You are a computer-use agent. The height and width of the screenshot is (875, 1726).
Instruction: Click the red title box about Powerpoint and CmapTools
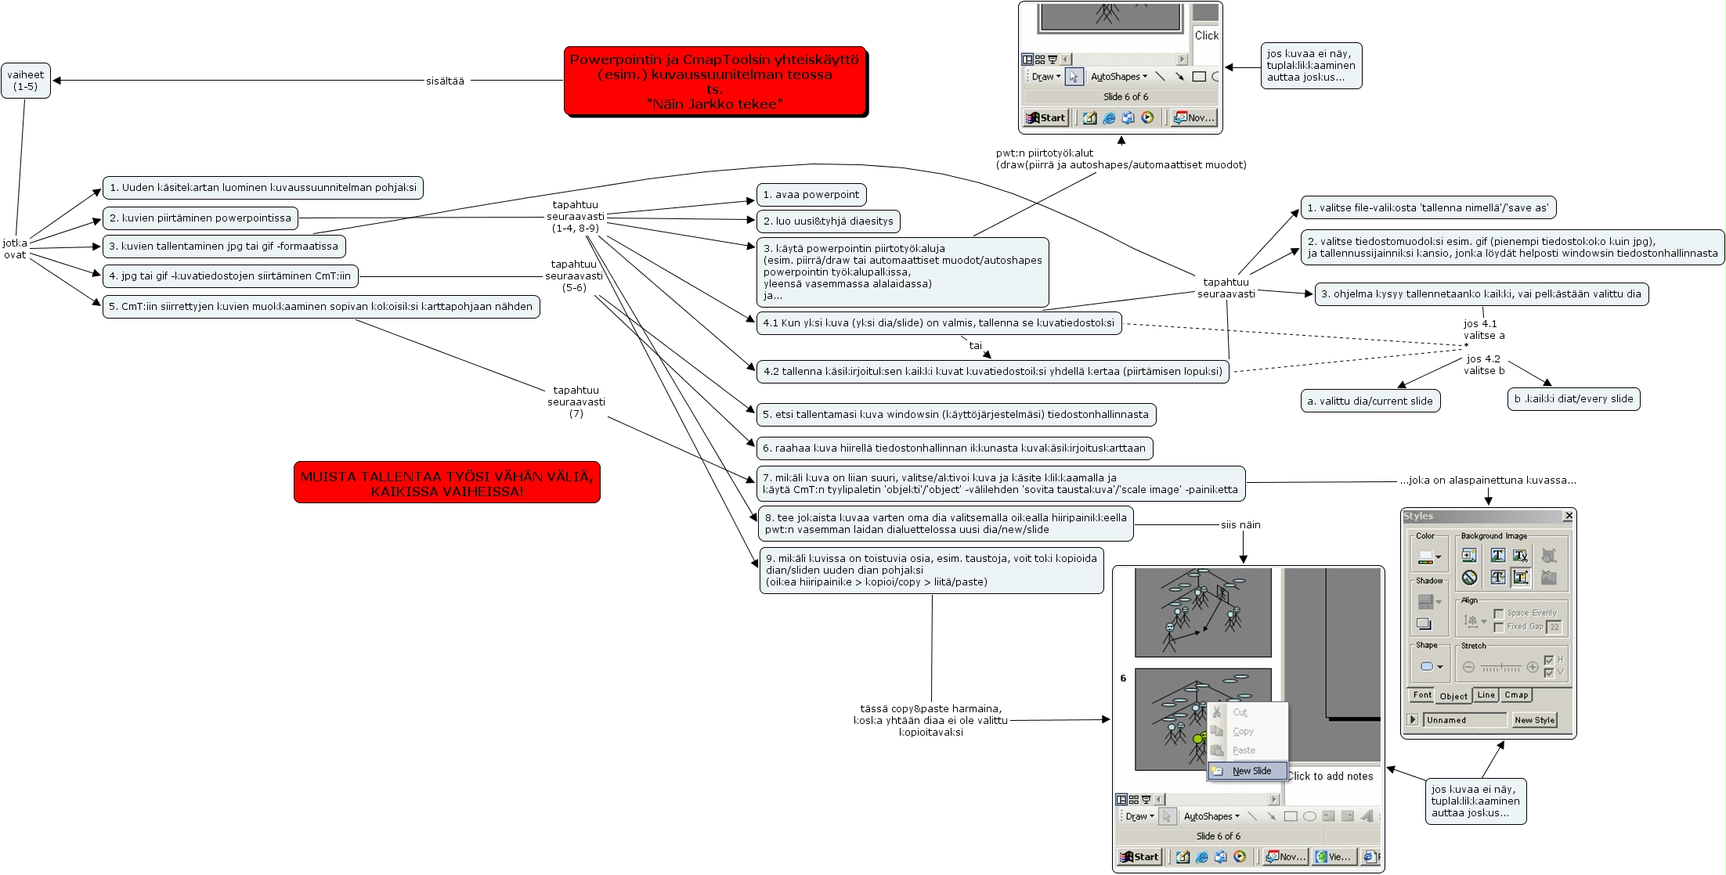coord(714,81)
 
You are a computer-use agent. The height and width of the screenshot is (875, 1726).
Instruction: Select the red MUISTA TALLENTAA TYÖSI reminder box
coord(446,482)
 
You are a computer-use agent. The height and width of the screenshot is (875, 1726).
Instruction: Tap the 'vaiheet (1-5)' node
coord(26,81)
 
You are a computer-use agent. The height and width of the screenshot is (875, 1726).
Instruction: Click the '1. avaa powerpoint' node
coord(811,195)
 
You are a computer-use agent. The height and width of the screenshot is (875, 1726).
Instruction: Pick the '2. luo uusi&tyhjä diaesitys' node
coord(828,221)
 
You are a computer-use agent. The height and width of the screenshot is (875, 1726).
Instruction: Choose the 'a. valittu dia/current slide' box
coord(1370,401)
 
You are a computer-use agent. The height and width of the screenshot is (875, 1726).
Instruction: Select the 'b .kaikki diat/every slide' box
coord(1573,399)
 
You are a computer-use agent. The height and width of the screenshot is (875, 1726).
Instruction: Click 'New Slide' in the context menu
coord(1251,771)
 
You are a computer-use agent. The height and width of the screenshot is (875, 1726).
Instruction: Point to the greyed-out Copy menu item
coord(1243,732)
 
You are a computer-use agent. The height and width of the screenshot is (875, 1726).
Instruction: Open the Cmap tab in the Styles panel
coord(1515,695)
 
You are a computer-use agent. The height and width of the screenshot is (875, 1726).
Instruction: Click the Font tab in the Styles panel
coord(1422,695)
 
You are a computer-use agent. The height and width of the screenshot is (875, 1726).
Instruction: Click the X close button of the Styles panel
coord(1568,516)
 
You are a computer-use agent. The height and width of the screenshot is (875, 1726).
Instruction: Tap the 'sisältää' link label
coord(445,81)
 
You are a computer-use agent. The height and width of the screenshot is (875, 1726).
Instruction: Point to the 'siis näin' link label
coord(1240,525)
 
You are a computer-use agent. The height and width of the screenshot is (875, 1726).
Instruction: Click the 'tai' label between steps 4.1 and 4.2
coord(975,345)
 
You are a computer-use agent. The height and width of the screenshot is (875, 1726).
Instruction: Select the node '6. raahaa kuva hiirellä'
coord(954,448)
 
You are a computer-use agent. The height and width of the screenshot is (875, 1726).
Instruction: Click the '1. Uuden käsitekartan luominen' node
coord(262,188)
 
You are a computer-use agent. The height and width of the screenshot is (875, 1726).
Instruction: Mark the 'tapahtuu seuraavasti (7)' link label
coord(576,401)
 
